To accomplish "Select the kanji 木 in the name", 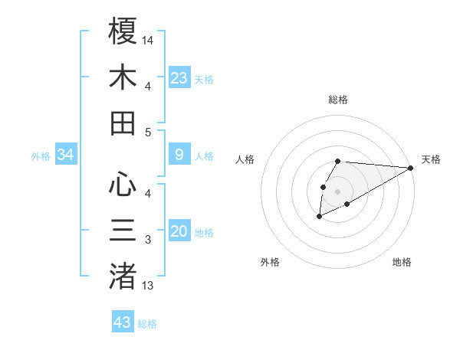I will click(x=123, y=77).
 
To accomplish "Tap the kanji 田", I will click(x=123, y=123).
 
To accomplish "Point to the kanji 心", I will click(x=123, y=184).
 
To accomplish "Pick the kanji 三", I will click(x=123, y=231).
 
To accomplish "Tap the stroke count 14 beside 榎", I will click(x=149, y=39).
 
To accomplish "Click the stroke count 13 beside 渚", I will click(x=149, y=285).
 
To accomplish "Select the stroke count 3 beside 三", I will click(x=148, y=240).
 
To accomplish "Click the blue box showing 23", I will click(x=179, y=78).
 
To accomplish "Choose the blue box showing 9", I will click(x=179, y=155).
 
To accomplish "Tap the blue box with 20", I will click(x=179, y=231).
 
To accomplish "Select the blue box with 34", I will click(x=66, y=155).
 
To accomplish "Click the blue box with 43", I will click(x=123, y=322).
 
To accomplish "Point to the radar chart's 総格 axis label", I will click(x=338, y=100).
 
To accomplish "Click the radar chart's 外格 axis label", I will click(x=270, y=262).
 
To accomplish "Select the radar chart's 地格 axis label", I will click(x=402, y=262).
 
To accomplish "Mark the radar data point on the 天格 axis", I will click(x=411, y=168).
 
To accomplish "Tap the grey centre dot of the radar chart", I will click(x=337, y=191).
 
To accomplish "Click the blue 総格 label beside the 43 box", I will click(x=147, y=324).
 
